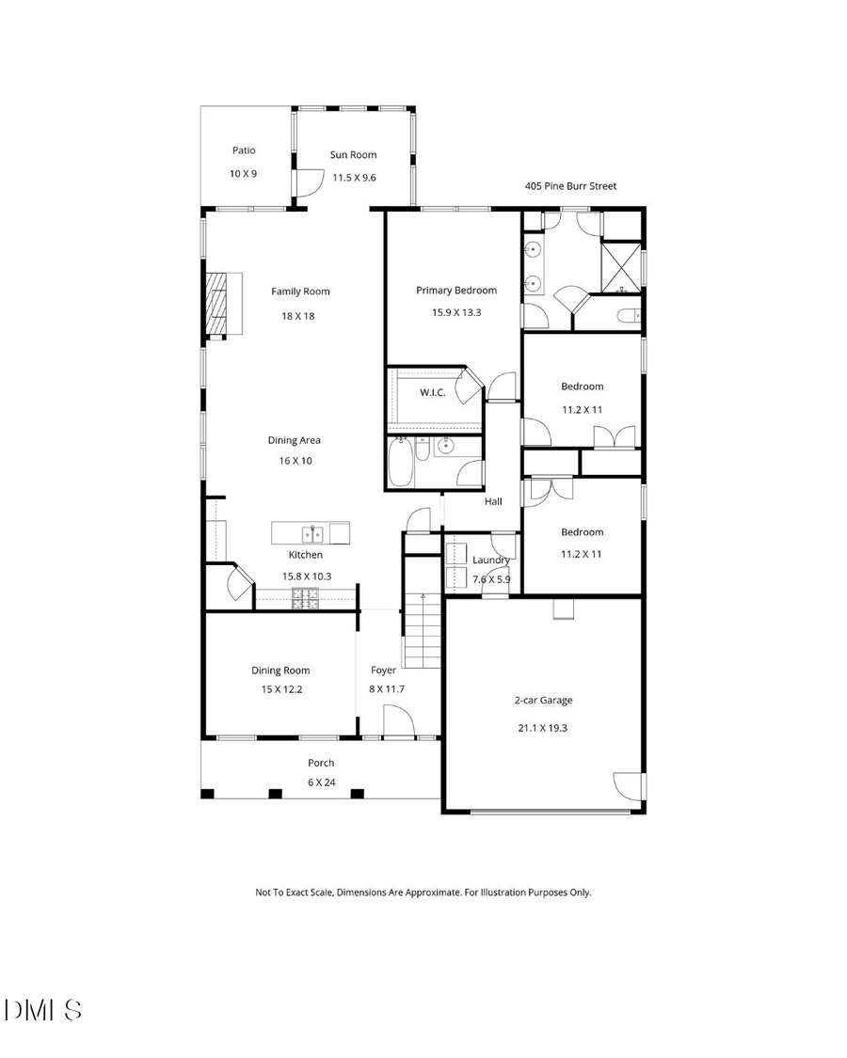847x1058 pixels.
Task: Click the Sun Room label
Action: click(x=353, y=155)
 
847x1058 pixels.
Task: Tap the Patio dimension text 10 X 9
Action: click(x=243, y=174)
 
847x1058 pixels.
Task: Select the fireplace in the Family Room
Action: click(x=220, y=303)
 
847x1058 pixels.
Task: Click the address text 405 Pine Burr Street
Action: click(x=570, y=186)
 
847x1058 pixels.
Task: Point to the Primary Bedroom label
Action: click(x=456, y=291)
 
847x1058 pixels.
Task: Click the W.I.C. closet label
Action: click(x=432, y=392)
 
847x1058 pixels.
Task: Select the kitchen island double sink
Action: click(x=313, y=534)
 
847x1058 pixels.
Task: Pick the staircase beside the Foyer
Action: click(x=423, y=630)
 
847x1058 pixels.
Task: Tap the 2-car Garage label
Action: click(x=543, y=700)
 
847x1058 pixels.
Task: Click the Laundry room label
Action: click(x=490, y=561)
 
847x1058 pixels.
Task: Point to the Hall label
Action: click(x=493, y=502)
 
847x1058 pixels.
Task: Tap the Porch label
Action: click(x=321, y=763)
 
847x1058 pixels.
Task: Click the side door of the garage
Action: click(x=628, y=786)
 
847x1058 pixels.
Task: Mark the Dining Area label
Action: click(x=295, y=440)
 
